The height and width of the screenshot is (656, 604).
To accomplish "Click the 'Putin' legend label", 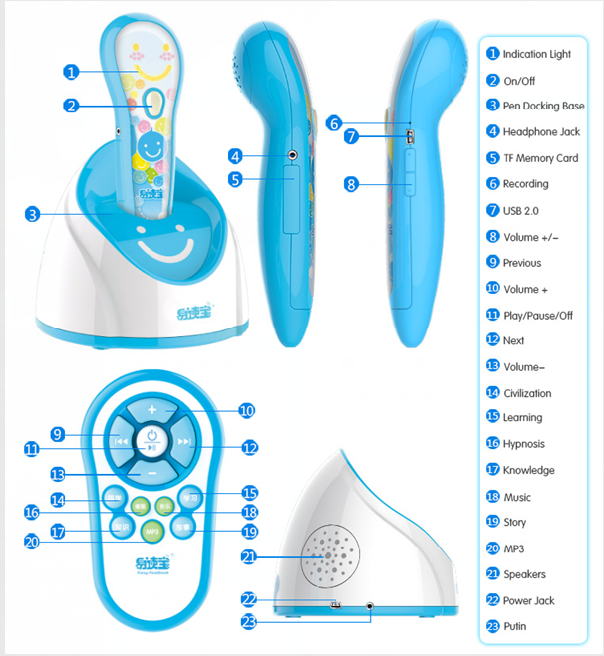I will point(514,626).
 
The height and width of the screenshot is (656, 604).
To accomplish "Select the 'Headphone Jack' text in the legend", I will point(541,131).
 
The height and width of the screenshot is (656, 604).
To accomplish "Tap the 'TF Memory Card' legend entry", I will point(540,157).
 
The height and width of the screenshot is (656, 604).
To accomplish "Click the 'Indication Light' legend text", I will point(537,54).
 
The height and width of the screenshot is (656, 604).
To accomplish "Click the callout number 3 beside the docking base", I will point(33,214).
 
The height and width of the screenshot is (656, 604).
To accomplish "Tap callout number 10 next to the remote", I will point(245,409).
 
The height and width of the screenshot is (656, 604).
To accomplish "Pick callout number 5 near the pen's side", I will point(236,180).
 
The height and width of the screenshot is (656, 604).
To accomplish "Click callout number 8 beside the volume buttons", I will point(351,184).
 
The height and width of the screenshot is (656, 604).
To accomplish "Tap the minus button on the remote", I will point(151,471).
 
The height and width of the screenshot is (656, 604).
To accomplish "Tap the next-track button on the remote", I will point(184,441).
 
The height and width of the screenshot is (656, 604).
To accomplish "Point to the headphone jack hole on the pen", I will point(292,155).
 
